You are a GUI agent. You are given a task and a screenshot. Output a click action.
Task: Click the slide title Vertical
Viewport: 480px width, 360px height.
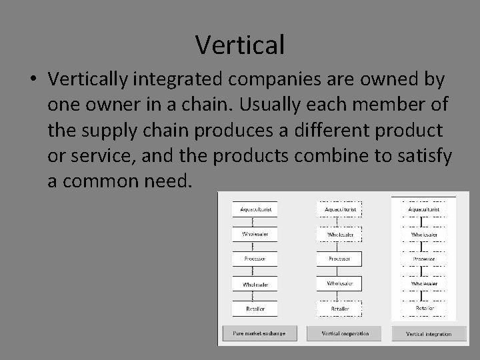pos(240,45)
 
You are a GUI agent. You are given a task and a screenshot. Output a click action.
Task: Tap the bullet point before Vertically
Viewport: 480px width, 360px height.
pos(33,80)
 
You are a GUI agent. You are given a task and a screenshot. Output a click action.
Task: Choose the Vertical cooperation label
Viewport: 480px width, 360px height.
pos(345,333)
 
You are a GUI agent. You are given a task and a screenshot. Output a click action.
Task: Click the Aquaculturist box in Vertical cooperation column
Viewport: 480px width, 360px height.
pos(340,209)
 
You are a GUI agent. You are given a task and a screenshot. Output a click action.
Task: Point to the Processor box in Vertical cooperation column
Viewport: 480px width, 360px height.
pos(340,258)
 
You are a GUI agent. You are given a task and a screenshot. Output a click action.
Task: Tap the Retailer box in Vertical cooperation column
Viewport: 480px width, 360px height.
pos(340,309)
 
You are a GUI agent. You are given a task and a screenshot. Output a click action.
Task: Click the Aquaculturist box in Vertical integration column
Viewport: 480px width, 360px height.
pos(424,209)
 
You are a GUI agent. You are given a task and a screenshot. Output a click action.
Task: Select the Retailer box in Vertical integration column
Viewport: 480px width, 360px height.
pos(424,308)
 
